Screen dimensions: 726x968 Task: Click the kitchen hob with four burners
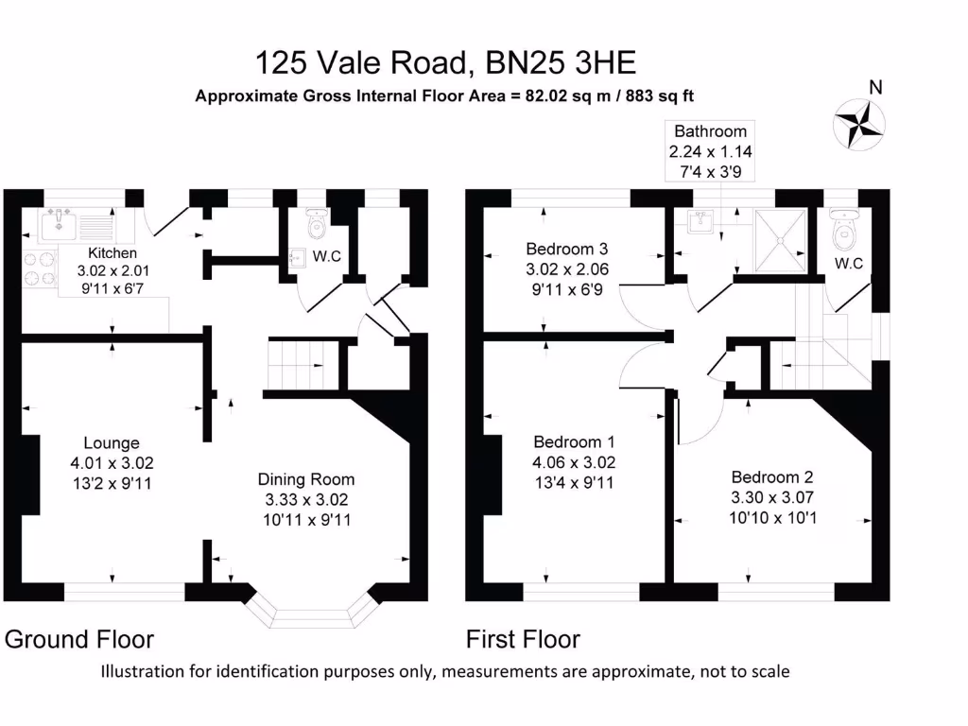click(x=38, y=269)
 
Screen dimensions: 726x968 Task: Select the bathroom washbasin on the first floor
click(x=700, y=224)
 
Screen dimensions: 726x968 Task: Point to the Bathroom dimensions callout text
click(x=710, y=150)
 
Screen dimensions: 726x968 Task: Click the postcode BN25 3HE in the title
click(x=561, y=63)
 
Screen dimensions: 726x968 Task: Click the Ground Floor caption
click(x=79, y=640)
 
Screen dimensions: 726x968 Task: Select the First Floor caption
click(x=523, y=640)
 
